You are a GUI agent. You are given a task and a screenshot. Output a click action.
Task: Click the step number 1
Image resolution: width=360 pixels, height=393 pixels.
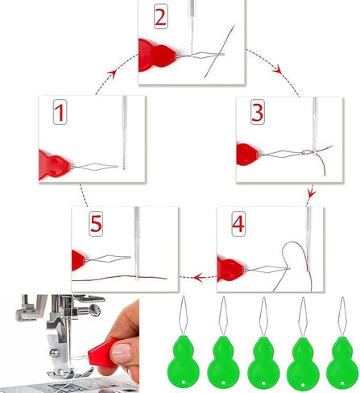click(60, 114)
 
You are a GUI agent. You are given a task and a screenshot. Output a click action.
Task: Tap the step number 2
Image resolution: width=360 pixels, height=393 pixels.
click(160, 18)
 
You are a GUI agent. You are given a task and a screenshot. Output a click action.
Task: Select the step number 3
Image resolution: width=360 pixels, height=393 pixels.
click(256, 114)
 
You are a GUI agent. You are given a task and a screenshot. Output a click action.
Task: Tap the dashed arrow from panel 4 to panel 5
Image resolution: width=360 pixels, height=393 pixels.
click(197, 277)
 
